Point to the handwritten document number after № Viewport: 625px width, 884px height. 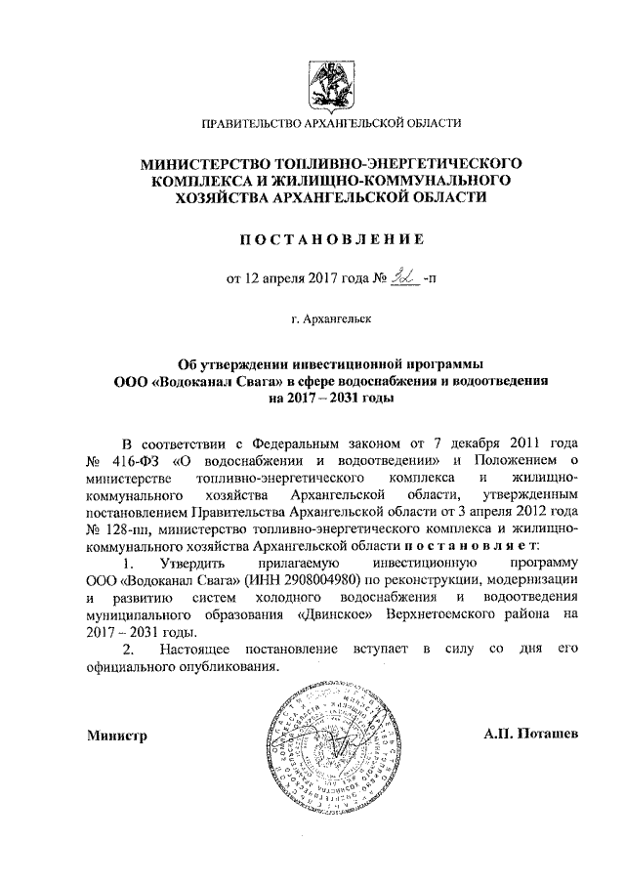click(x=401, y=276)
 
